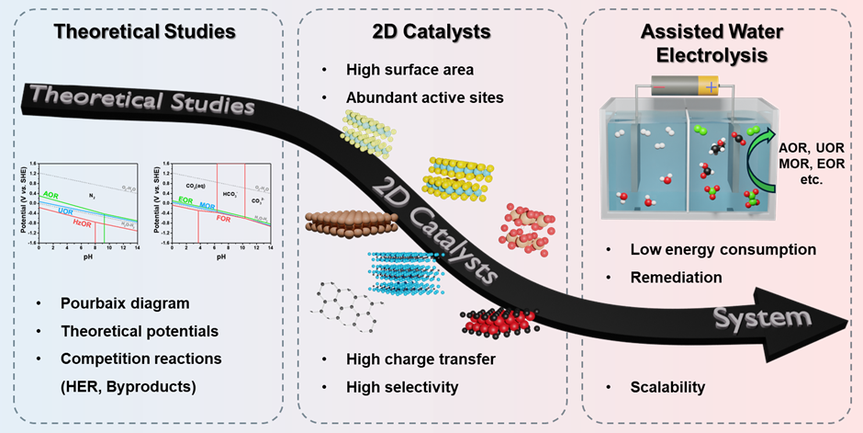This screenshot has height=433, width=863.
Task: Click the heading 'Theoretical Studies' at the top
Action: (145, 32)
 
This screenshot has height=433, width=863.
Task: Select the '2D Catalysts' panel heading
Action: (431, 32)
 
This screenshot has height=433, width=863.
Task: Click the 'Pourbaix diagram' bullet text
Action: (111, 303)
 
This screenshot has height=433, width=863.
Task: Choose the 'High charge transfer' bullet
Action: (420, 359)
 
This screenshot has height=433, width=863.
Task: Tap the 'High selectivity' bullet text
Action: (401, 387)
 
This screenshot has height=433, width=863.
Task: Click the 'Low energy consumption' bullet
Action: (723, 249)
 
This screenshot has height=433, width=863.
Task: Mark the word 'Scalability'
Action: (667, 387)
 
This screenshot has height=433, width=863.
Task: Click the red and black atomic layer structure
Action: (501, 321)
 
